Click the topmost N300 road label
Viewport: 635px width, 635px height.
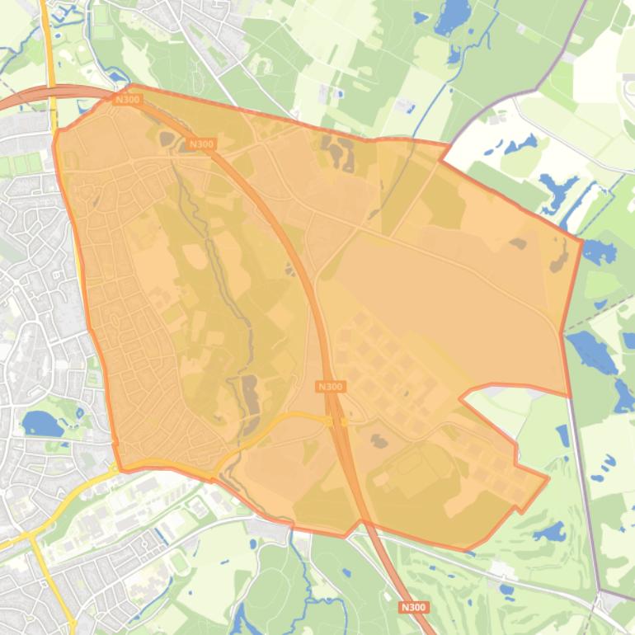[128, 100]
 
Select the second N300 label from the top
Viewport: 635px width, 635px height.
[201, 144]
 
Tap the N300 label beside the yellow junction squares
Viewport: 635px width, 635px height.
[330, 386]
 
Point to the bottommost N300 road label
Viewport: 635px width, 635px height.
[413, 608]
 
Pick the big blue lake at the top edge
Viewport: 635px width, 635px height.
[452, 16]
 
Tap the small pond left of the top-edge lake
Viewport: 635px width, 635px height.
[421, 16]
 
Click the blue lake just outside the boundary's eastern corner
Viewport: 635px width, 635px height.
[599, 252]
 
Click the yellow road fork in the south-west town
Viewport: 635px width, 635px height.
[31, 534]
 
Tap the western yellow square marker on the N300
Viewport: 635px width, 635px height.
[328, 421]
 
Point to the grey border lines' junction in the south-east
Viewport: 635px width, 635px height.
[600, 592]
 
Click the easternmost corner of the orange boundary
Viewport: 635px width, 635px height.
[581, 241]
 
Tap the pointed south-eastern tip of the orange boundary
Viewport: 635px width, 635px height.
[548, 477]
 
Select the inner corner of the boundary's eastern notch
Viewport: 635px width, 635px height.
[461, 395]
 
